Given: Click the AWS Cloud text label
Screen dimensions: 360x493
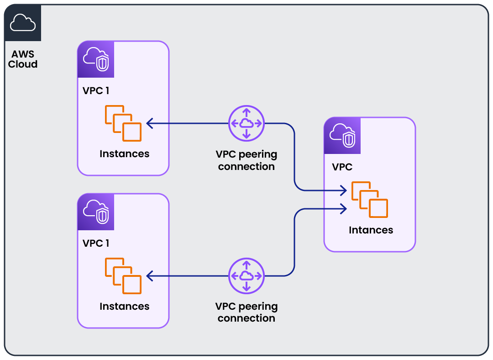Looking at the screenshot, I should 23,59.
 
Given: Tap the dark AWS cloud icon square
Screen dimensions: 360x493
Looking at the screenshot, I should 22,23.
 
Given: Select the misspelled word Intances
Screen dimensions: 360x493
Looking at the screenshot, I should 371,230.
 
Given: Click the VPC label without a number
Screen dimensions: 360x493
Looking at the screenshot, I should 342,167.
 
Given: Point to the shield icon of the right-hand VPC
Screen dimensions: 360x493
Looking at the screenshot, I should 342,136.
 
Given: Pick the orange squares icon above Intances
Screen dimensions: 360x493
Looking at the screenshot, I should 369,199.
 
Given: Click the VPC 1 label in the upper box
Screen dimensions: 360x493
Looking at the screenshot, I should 96,90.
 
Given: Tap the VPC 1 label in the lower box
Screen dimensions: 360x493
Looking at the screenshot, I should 96,243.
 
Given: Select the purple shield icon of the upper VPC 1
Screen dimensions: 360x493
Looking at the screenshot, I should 96,59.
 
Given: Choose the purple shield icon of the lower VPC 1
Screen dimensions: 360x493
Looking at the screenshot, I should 96,212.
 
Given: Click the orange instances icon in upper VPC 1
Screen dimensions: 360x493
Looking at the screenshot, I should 123,123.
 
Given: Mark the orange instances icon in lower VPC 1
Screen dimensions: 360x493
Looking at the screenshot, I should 123,275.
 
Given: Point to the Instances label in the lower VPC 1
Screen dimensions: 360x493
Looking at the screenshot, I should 124,306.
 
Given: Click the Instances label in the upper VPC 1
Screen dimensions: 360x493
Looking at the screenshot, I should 124,154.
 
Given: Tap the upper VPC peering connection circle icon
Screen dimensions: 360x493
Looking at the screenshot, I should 246,123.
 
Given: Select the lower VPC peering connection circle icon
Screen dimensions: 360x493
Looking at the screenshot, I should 246,275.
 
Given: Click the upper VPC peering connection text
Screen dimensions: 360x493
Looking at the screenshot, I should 246,160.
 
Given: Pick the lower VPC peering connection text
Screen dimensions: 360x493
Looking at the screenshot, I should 246,312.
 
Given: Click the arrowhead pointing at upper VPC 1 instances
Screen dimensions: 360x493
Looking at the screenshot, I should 150,123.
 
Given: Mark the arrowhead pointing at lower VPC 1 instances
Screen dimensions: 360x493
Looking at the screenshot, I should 150,275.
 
